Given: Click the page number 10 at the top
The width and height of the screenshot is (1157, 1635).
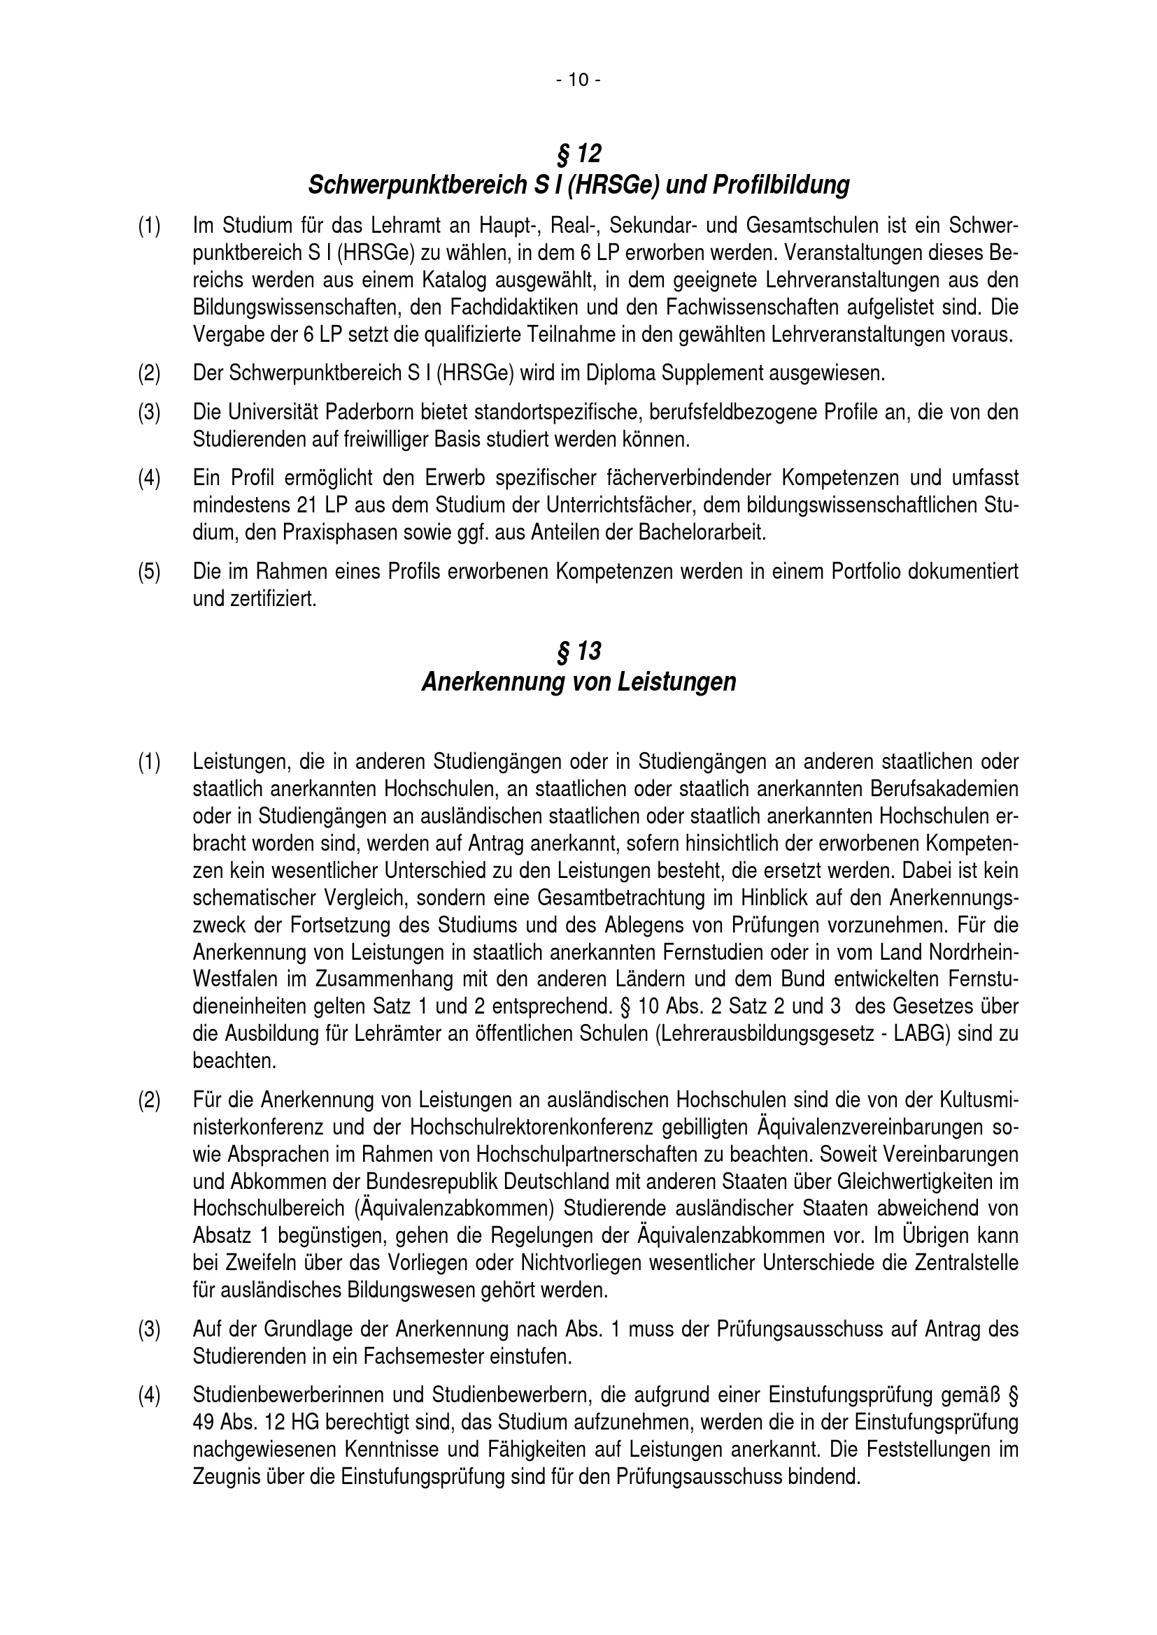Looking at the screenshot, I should point(578,80).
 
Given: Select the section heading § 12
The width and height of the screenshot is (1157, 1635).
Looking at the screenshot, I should point(578,153).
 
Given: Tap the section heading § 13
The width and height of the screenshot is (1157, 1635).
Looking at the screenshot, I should point(578,651).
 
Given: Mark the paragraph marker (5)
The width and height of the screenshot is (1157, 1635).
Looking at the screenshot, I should point(149,571).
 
